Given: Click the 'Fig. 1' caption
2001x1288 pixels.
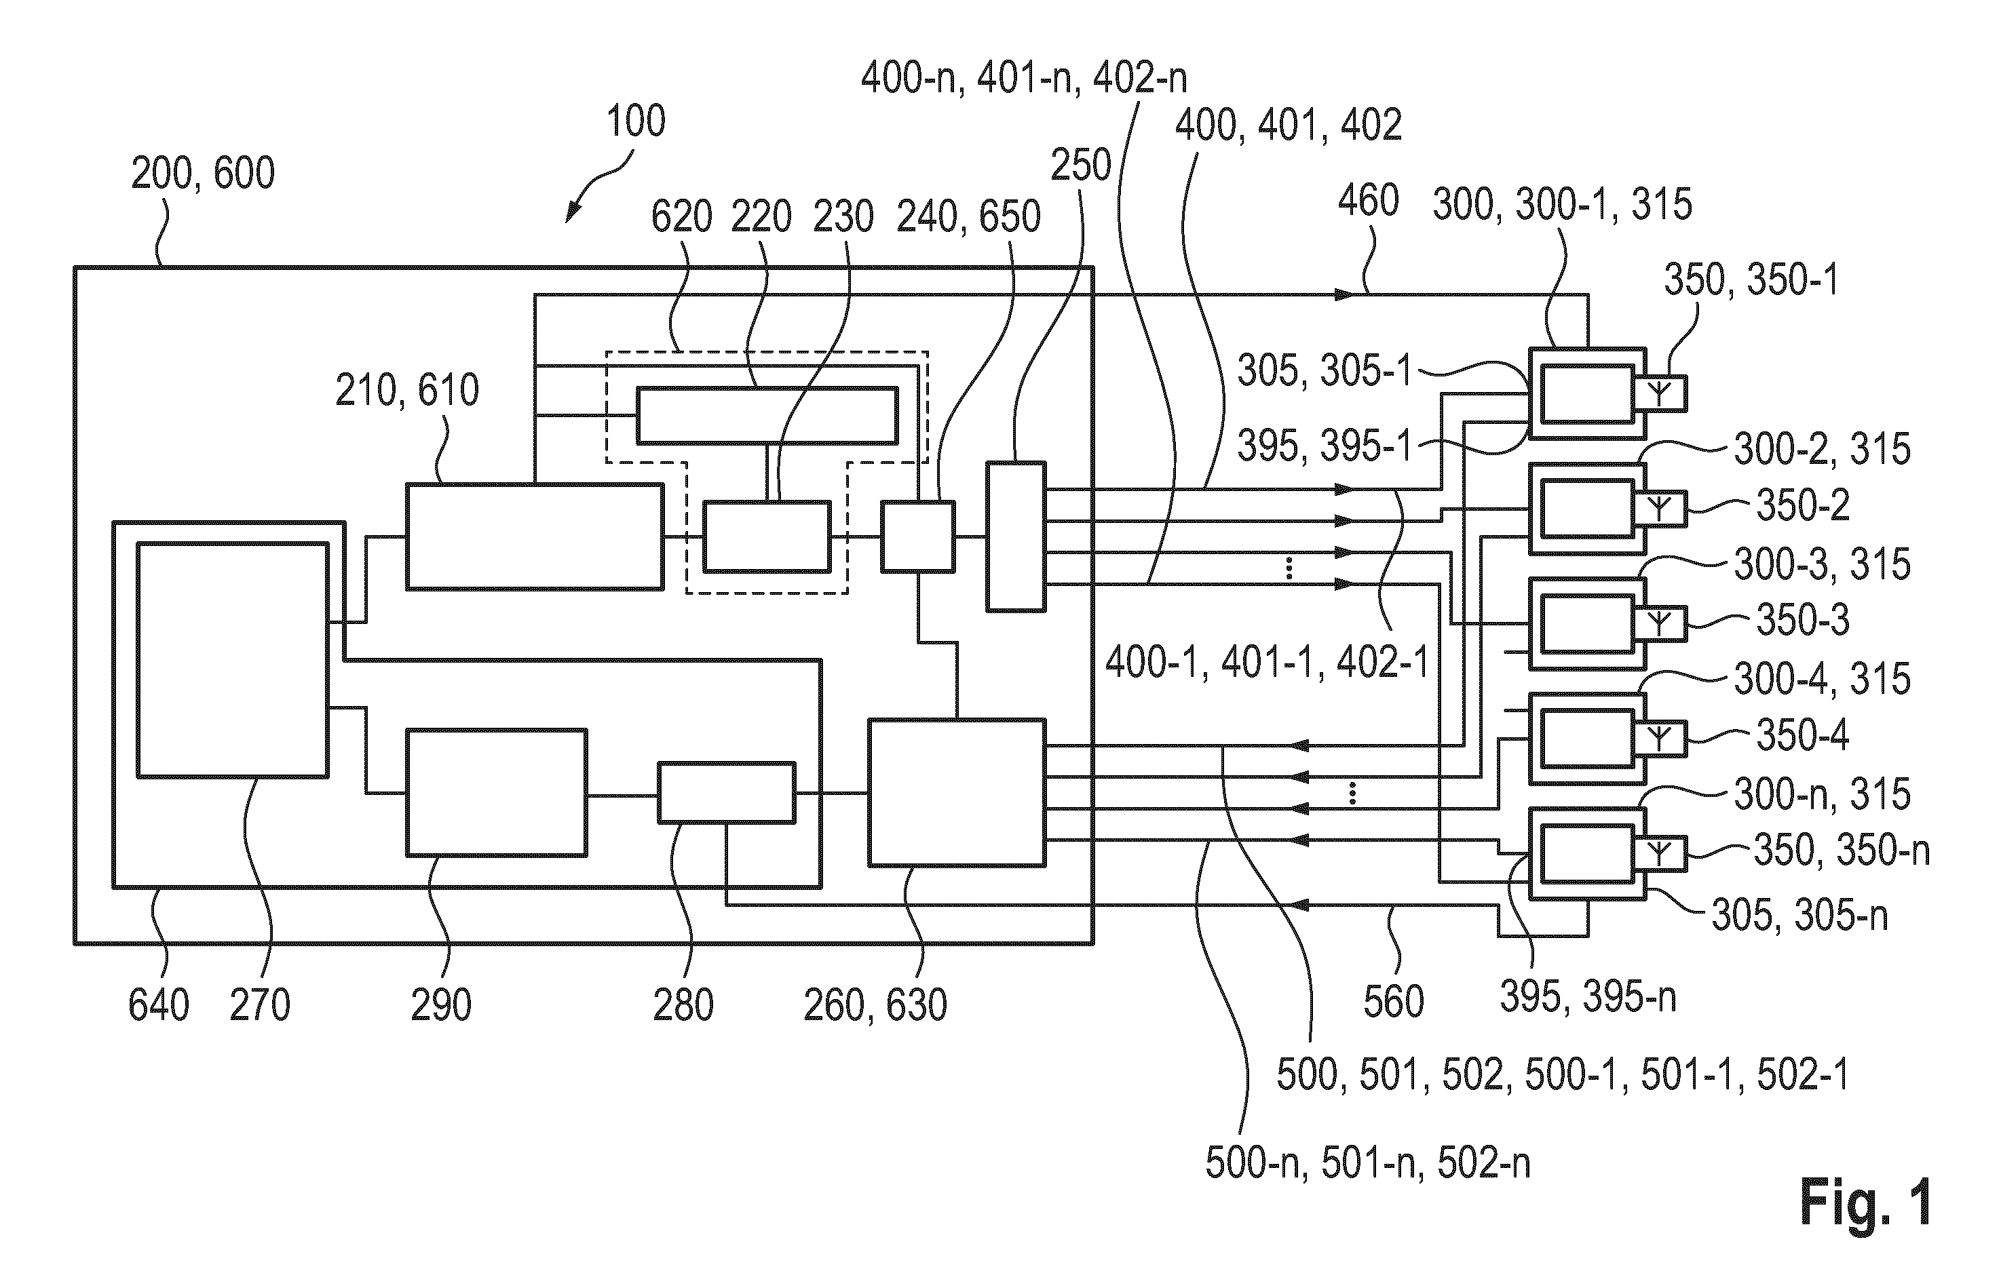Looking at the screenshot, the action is [1865, 1202].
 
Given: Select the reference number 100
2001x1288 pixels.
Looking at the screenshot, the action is [636, 121].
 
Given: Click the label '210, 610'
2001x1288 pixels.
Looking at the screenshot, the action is [407, 390].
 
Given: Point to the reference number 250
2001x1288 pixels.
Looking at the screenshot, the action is [1081, 165].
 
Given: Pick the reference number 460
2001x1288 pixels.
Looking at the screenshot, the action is [1369, 201].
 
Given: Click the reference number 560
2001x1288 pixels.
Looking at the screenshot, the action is [1394, 1001].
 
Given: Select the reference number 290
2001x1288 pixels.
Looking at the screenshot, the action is [441, 1004].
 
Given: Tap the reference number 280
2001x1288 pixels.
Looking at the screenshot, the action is [683, 1004].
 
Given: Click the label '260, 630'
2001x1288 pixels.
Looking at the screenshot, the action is [876, 1004].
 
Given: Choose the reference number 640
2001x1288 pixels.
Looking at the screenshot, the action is [159, 1004].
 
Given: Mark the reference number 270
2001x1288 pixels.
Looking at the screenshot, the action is [260, 1004].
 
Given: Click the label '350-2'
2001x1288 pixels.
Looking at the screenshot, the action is [1803, 505].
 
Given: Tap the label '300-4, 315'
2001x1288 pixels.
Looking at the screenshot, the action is [1822, 678].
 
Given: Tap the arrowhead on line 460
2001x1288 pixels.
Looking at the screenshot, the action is [1343, 294].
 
